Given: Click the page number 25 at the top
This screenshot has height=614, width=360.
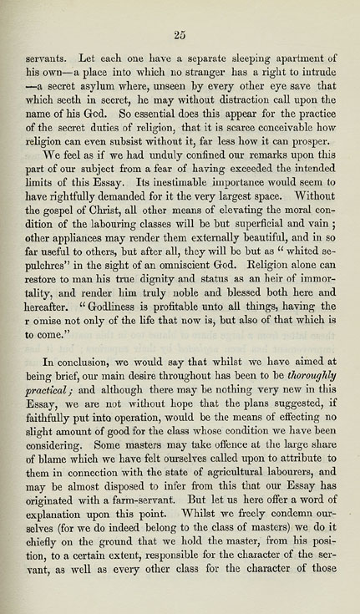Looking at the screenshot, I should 179,33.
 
